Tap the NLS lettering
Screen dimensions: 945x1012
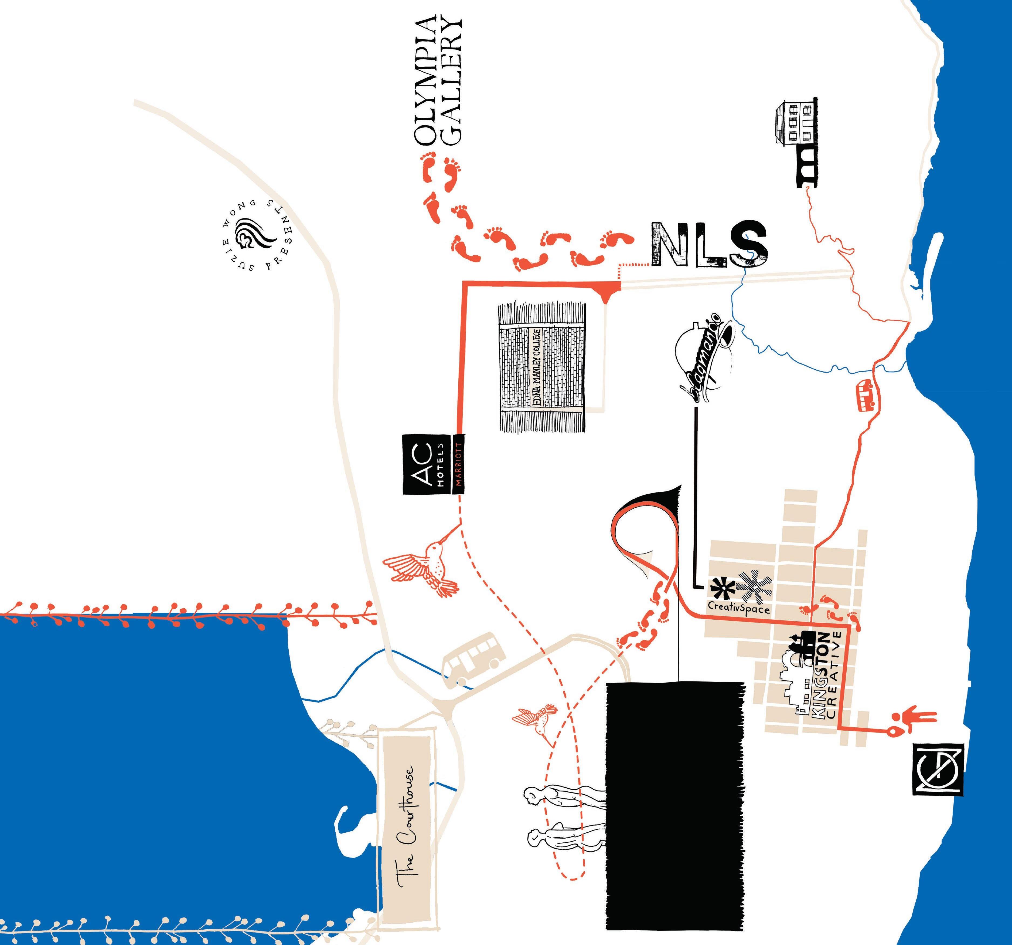[x=708, y=245]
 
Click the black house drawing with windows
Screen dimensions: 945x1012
[x=795, y=122]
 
